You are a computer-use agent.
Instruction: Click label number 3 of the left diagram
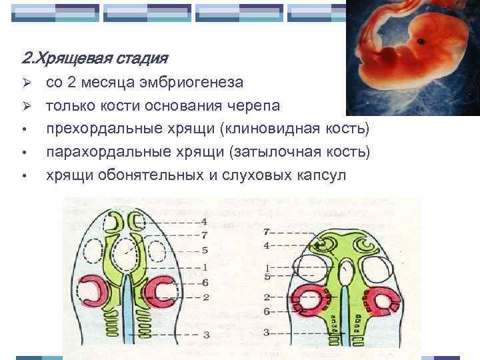point(207,333)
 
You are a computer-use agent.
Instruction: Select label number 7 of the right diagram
point(266,233)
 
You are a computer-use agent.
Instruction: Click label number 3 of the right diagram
point(266,331)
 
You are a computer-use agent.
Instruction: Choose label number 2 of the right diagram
point(266,297)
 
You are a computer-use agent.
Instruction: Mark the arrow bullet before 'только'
point(24,107)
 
